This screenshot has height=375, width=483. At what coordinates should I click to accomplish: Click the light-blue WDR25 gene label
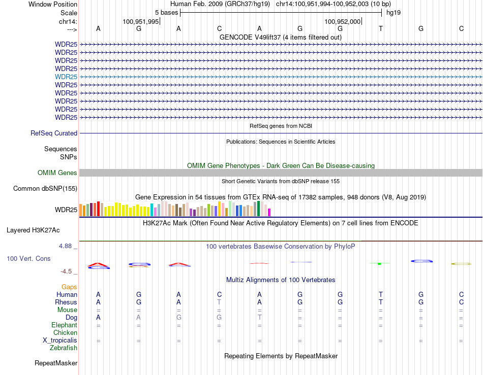pyautogui.click(x=66, y=77)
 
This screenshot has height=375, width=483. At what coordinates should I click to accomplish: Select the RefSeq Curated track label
pyautogui.click(x=54, y=133)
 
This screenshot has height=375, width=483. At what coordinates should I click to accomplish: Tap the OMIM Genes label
pyautogui.click(x=57, y=173)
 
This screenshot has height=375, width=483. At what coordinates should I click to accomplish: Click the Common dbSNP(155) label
pyautogui.click(x=45, y=189)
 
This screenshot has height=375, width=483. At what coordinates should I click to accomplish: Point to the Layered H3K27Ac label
pyautogui.click(x=33, y=230)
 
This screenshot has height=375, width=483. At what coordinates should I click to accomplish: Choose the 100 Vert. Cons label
pyautogui.click(x=28, y=259)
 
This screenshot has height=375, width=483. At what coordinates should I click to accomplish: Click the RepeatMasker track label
pyautogui.click(x=56, y=363)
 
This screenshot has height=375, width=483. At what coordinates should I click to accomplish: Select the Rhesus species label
pyautogui.click(x=66, y=302)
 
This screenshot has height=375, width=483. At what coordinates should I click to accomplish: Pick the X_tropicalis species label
pyautogui.click(x=60, y=340)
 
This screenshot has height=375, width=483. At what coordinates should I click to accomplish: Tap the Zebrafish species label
pyautogui.click(x=64, y=348)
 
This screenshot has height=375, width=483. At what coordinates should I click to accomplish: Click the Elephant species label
pyautogui.click(x=64, y=325)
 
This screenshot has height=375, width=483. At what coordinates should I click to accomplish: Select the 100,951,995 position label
pyautogui.click(x=141, y=21)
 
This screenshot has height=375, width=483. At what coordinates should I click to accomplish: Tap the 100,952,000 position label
pyautogui.click(x=342, y=21)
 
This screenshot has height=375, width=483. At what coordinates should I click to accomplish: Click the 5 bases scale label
pyautogui.click(x=166, y=13)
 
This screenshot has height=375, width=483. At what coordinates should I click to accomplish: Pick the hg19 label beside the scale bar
pyautogui.click(x=394, y=13)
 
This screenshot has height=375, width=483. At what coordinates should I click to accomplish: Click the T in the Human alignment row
pyautogui.click(x=380, y=295)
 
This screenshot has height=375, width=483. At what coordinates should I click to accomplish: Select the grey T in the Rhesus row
pyautogui.click(x=219, y=302)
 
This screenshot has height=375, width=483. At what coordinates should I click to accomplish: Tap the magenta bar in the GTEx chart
pyautogui.click(x=269, y=212)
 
